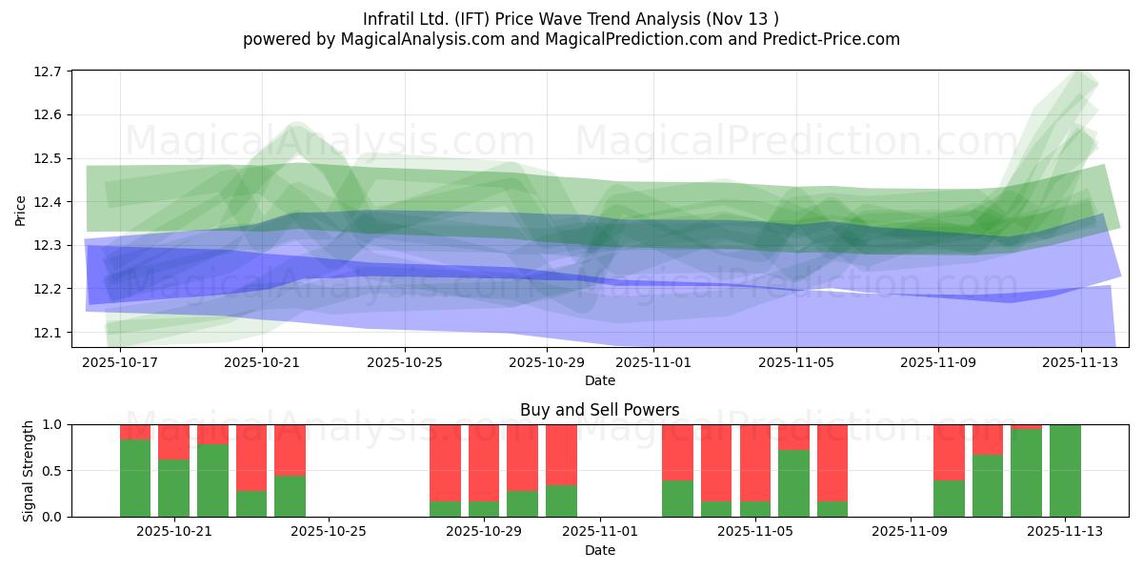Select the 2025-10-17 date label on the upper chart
click(120, 362)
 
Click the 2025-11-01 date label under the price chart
click(653, 362)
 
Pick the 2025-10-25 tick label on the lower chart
click(329, 532)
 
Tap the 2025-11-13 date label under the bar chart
click(1065, 532)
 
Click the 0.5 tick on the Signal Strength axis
click(51, 471)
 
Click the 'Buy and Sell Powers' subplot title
click(599, 410)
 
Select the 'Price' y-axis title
click(21, 210)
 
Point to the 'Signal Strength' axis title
click(29, 470)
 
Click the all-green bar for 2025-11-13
click(1065, 471)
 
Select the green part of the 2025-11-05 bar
click(793, 483)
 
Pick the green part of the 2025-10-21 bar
click(173, 488)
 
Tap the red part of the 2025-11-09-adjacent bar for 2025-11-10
click(949, 452)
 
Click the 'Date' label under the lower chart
click(599, 550)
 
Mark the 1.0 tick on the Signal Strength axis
click(51, 425)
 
